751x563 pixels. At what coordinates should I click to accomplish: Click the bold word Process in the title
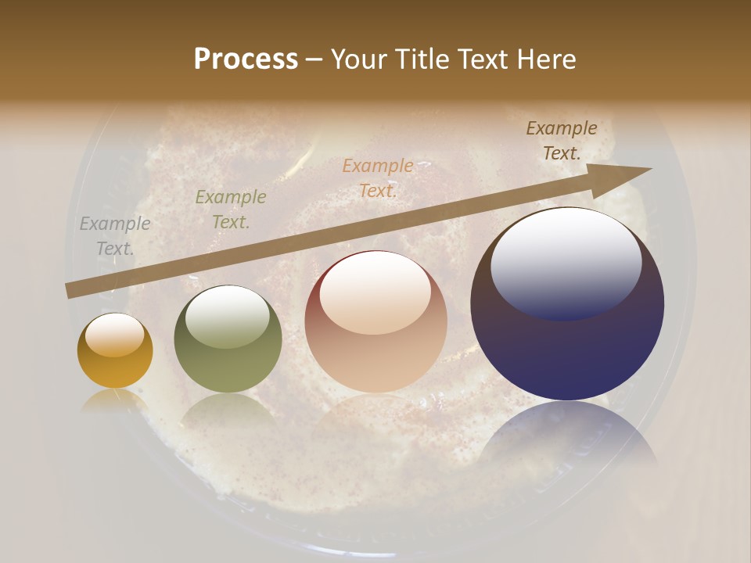pyautogui.click(x=246, y=59)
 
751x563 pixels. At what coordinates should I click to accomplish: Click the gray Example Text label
pyautogui.click(x=115, y=235)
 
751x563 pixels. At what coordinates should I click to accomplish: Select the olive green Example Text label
pyautogui.click(x=231, y=209)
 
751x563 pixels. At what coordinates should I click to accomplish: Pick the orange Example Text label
pyautogui.click(x=378, y=178)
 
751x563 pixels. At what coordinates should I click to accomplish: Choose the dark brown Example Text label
pyautogui.click(x=562, y=140)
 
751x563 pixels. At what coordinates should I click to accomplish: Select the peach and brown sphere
pyautogui.click(x=376, y=322)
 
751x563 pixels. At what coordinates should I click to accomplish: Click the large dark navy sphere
pyautogui.click(x=567, y=305)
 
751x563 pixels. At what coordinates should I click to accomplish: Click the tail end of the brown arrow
pyautogui.click(x=70, y=291)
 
